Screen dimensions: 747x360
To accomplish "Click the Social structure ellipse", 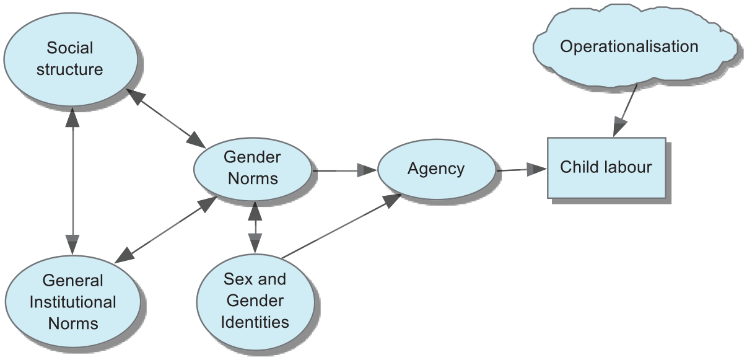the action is coord(71,59).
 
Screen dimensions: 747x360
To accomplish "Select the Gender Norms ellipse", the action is coord(253,169).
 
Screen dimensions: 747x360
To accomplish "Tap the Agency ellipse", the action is coord(437,169).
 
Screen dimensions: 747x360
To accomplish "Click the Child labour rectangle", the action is coord(606,168).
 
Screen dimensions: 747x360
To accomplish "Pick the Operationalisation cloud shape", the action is coord(635,45).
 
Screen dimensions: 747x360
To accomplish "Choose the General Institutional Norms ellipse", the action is coord(72,302).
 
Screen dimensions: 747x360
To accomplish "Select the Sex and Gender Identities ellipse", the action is coord(255,302).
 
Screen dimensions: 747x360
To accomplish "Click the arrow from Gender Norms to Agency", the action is coord(345,170).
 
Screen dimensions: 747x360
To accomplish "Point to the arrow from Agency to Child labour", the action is coord(522,170).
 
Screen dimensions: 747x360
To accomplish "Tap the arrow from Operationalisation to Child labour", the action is coord(625,110).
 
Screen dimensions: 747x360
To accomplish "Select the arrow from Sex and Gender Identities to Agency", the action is coord(341,226).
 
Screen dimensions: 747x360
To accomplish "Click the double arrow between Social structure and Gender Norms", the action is coord(166,118).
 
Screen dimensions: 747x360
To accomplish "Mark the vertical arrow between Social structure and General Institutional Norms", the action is coord(72,181).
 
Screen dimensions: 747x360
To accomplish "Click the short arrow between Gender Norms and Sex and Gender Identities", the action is coord(255,227).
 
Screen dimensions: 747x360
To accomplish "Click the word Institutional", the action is coord(72,302).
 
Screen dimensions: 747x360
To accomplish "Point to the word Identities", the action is coord(255,322).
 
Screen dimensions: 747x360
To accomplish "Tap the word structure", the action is coord(70,69).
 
